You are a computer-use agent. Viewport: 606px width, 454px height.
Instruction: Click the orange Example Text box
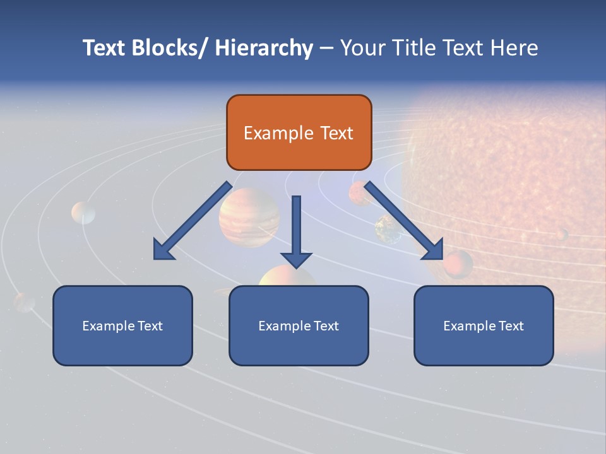(299, 132)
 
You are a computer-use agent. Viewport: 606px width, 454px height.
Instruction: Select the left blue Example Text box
(122, 325)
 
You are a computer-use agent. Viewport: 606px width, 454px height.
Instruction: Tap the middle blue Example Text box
(299, 325)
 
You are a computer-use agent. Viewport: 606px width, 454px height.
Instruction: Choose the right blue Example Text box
(484, 325)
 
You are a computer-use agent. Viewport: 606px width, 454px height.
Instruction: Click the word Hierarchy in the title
(264, 48)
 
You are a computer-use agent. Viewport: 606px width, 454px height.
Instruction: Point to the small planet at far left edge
(25, 302)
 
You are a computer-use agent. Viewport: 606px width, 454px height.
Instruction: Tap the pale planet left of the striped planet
(83, 212)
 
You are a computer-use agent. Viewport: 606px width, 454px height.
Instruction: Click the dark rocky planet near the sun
(388, 229)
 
